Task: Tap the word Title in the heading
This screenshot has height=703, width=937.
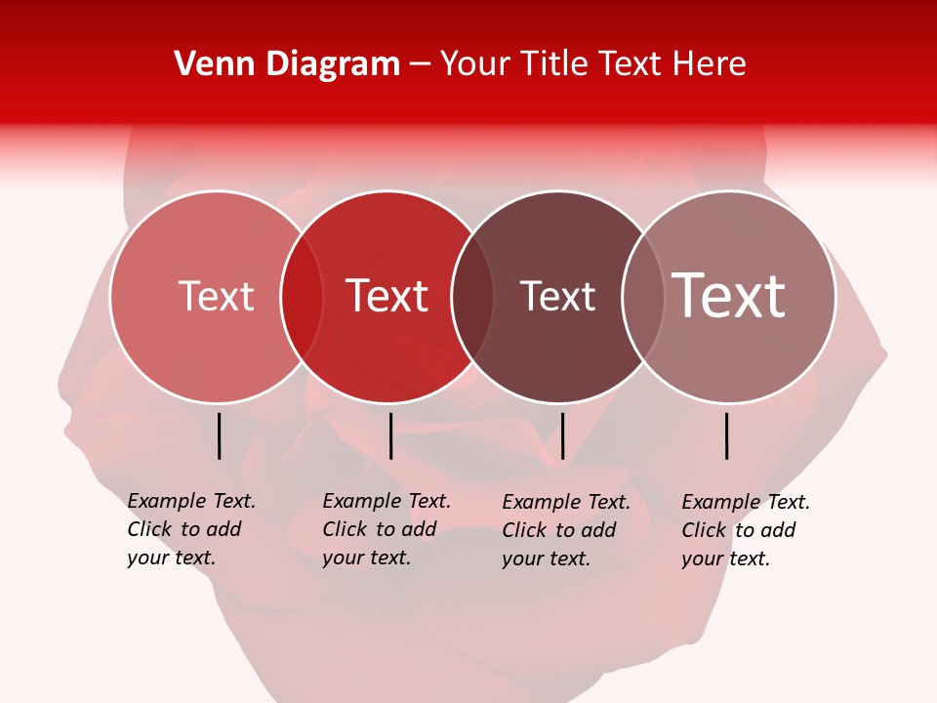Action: point(554,64)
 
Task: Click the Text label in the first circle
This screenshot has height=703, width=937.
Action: point(216,296)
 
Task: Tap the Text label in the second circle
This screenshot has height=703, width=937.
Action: point(387,296)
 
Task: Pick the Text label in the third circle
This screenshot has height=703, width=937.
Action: point(557,296)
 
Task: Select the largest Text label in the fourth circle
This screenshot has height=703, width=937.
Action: point(729,296)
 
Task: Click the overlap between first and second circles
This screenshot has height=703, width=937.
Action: point(302,297)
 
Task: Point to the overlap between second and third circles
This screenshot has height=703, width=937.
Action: point(472,297)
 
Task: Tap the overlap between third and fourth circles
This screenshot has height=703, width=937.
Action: point(643,297)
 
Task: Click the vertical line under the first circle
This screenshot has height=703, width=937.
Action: point(220,435)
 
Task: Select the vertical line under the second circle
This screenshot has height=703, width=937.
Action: point(390,435)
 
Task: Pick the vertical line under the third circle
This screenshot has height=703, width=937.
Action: point(562,435)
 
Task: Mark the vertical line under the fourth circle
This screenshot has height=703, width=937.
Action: point(727,435)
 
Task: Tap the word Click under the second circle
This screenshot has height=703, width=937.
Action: point(344,529)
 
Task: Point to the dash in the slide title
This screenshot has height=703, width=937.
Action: point(420,65)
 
